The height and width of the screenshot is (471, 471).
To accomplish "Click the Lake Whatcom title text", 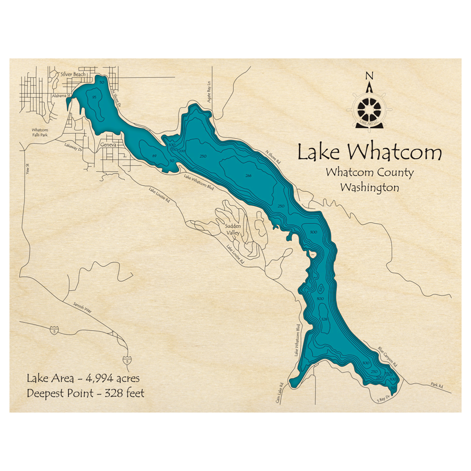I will point(370,153).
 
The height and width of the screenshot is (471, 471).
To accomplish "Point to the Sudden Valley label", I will point(232,229).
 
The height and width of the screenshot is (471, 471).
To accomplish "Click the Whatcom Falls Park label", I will point(40,132).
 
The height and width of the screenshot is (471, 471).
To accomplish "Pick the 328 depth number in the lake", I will point(324,319).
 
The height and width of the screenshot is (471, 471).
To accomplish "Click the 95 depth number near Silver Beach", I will point(95,97).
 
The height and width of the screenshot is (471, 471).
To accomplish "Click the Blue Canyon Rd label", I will point(388,357).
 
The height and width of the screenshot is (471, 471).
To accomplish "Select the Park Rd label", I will point(437,385).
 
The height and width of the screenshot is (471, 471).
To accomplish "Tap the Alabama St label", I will point(61,95).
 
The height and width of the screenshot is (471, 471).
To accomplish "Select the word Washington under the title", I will point(369,187).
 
